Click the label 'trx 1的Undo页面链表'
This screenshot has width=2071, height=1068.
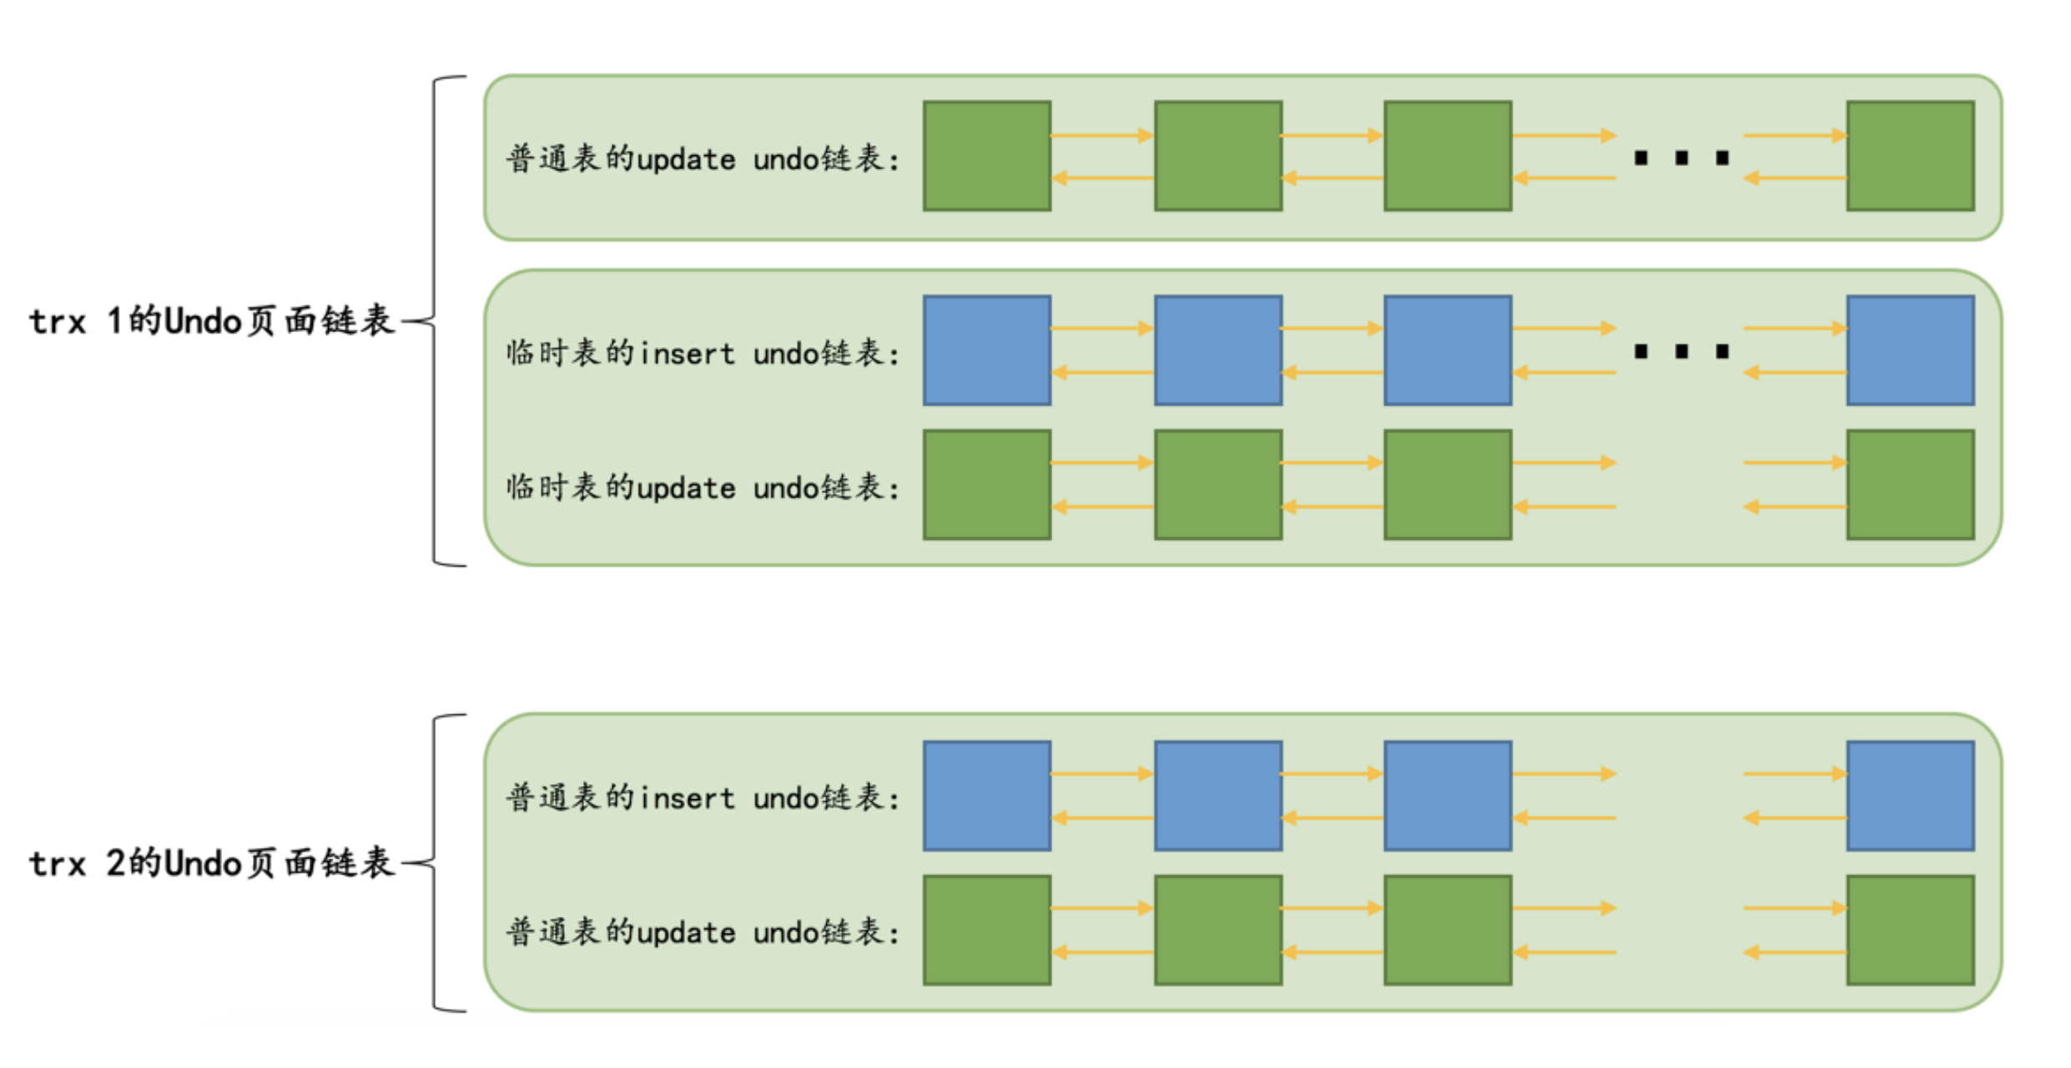click(x=211, y=321)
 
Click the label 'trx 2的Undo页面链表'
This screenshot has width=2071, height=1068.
click(x=211, y=864)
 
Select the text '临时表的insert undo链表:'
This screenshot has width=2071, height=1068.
click(x=703, y=353)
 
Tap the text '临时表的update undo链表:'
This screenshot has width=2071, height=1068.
click(x=703, y=487)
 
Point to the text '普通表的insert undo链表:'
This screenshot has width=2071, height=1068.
click(x=703, y=798)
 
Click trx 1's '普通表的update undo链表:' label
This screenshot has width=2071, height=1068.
click(x=703, y=159)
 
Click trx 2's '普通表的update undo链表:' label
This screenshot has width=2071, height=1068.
click(x=703, y=932)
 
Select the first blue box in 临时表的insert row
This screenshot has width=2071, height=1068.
click(x=986, y=350)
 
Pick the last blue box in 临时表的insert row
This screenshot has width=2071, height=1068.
click(x=1910, y=350)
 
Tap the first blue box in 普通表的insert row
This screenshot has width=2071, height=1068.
click(x=986, y=796)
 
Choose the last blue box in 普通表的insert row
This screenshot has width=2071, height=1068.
click(x=1910, y=796)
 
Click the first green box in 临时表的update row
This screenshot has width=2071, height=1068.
click(x=986, y=485)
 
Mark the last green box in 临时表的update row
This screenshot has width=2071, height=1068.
click(x=1910, y=485)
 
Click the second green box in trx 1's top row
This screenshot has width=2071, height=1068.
click(x=1218, y=156)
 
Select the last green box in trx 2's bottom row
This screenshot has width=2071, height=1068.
click(x=1910, y=930)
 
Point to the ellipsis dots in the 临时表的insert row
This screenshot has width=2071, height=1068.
click(x=1681, y=351)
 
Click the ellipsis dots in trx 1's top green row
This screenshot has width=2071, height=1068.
click(x=1681, y=158)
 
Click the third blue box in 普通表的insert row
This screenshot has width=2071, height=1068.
click(x=1448, y=796)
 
